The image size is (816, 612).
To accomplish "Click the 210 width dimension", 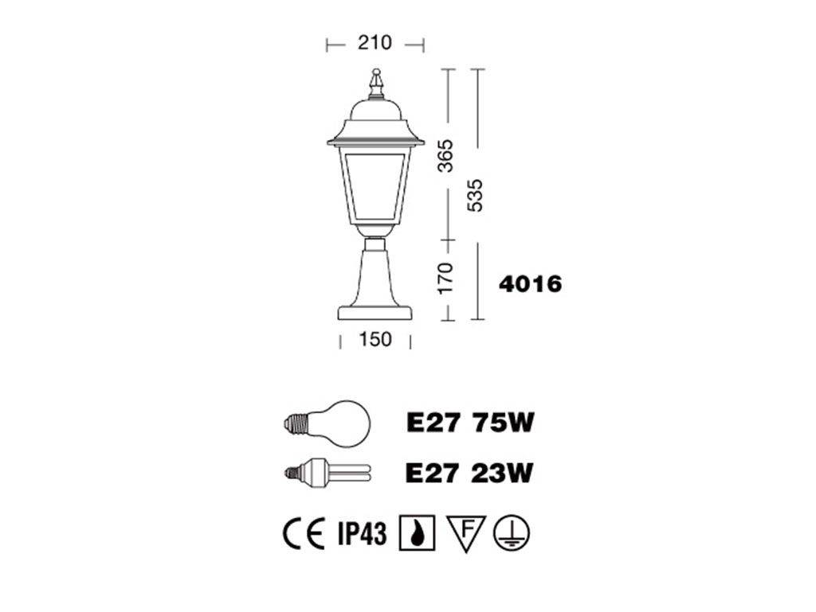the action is coord(375,43).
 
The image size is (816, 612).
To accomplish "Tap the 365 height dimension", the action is coord(446,155).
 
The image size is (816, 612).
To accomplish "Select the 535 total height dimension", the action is coord(475,195).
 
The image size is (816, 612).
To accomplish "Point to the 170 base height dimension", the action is coord(446,278).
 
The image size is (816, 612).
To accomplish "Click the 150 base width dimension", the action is coord(375,339).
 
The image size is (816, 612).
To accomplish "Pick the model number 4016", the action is coord(530,284).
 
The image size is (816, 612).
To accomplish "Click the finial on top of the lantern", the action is coord(376,83).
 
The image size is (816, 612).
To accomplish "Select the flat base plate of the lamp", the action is coord(375,313).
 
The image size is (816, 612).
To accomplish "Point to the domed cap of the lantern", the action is coord(375,110).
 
